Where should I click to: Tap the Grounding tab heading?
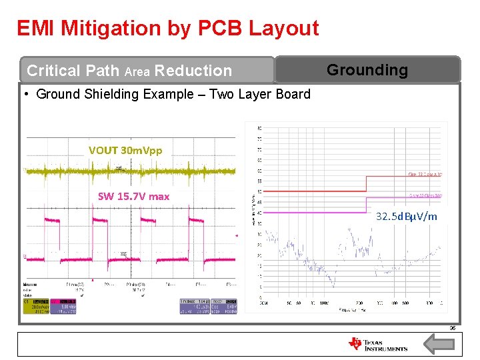[367, 70]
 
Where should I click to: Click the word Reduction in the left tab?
[193, 71]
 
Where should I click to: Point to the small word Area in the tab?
[137, 71]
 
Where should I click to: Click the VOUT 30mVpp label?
[125, 151]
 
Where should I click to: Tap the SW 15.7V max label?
[133, 196]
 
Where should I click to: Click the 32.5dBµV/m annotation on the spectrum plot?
[407, 216]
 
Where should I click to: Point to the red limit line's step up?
[366, 183]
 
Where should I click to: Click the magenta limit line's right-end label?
[425, 196]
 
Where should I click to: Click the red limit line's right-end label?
[425, 175]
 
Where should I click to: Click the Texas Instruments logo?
[377, 344]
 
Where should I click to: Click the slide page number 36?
[452, 327]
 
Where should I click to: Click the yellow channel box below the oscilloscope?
[36, 305]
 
